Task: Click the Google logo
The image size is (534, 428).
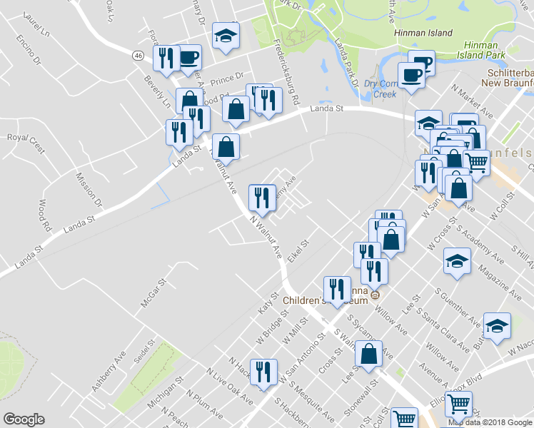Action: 24,419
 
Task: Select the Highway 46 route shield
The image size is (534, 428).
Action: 138,54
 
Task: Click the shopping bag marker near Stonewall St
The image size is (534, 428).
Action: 368,355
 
